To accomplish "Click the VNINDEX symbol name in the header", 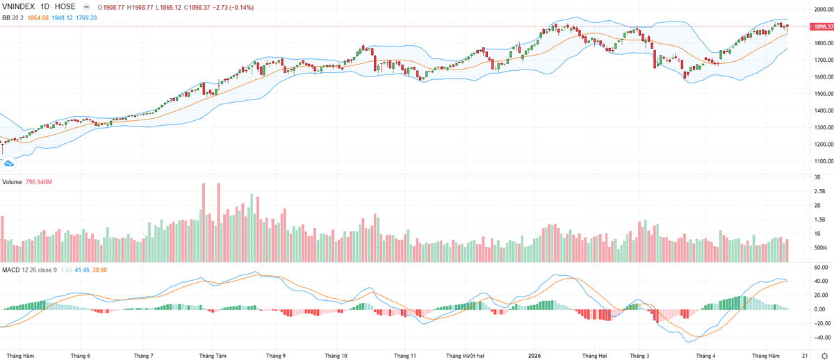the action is tap(18, 7).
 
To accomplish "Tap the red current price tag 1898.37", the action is tap(822, 27).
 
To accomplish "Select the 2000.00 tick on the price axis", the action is tap(823, 10).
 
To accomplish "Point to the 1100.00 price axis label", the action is tap(823, 161).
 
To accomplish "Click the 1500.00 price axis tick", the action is tap(823, 94).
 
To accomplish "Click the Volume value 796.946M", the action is tap(39, 182).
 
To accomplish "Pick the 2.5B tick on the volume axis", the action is tap(819, 191).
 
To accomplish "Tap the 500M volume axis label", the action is tap(820, 248).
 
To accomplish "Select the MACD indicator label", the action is tap(11, 270).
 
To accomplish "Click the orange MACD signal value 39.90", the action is tap(99, 270).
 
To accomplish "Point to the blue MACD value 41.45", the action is tap(82, 270).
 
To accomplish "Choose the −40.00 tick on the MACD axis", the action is tap(819, 338).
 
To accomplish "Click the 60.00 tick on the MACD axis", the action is tap(821, 268).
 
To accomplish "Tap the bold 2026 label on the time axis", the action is tap(534, 356).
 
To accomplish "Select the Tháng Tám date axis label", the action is tap(213, 356).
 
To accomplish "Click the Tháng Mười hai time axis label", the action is tap(466, 356).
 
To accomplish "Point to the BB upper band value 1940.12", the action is tap(62, 18).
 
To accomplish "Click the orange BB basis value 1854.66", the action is tap(38, 18).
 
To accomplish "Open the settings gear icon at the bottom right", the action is tap(824, 356).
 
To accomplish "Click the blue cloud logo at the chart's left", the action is tap(8, 164).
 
